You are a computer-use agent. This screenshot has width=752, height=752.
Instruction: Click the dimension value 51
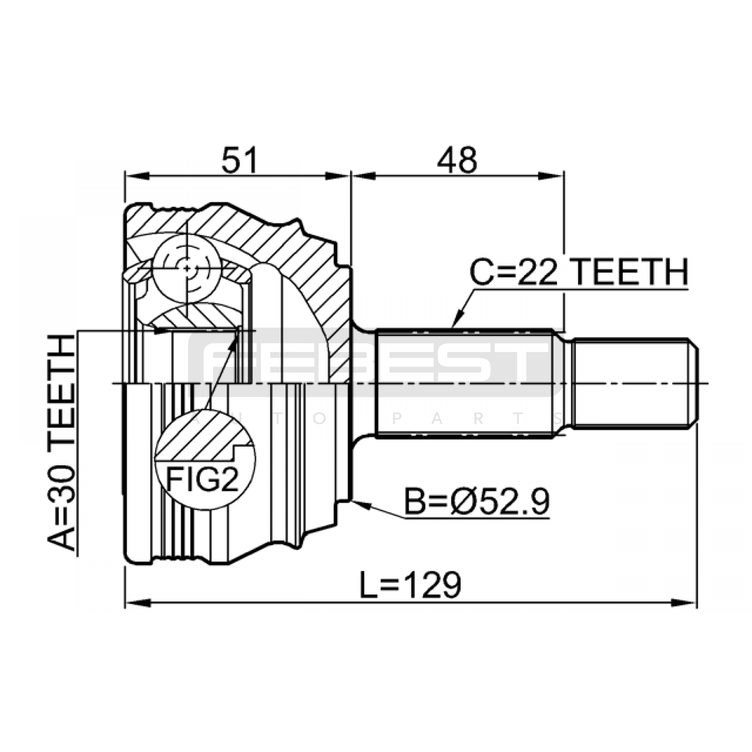(x=240, y=160)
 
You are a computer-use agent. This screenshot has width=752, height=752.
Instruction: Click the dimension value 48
(x=457, y=160)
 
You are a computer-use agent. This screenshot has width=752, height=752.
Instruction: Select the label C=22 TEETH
(x=580, y=272)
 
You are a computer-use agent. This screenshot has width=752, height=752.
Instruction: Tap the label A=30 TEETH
(x=62, y=442)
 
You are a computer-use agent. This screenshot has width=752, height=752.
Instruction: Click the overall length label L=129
(x=410, y=585)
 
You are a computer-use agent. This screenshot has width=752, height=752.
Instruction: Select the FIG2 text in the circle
(x=204, y=478)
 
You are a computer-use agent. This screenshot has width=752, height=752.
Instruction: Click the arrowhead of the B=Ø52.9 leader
(x=362, y=504)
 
